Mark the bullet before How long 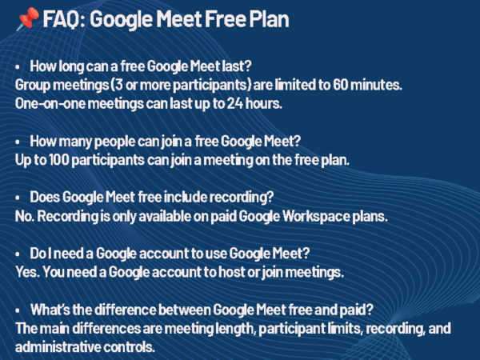click(18, 66)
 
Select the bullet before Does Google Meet click(18, 198)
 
